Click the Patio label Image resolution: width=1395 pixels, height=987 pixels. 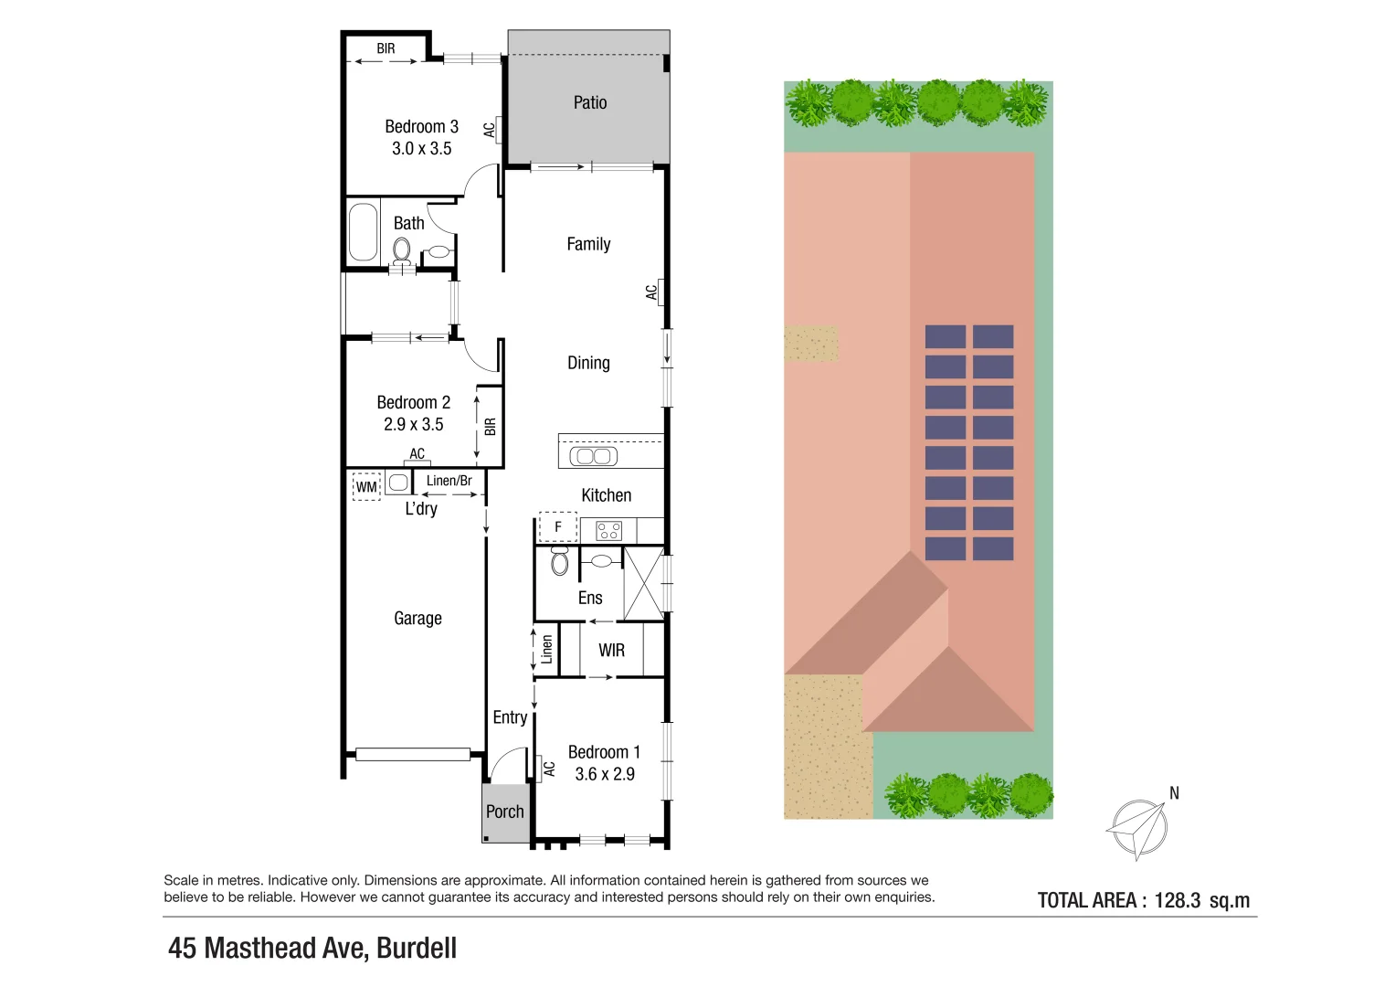click(x=590, y=102)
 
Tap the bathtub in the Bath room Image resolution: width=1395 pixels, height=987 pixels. click(x=364, y=232)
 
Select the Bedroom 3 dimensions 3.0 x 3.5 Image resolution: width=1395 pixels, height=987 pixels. click(x=421, y=148)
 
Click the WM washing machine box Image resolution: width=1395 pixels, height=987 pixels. click(x=366, y=486)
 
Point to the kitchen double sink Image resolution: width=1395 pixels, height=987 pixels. click(x=594, y=455)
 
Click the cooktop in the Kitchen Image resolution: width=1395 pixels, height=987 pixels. click(x=608, y=530)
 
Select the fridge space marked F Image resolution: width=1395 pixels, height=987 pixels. click(x=558, y=527)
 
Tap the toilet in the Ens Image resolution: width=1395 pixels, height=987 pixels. click(x=560, y=562)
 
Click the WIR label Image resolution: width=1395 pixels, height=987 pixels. click(x=612, y=650)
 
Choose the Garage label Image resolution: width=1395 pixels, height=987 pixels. click(x=417, y=618)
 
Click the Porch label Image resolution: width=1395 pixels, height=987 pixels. click(x=505, y=812)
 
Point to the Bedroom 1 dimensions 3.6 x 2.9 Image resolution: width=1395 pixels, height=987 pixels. click(x=605, y=774)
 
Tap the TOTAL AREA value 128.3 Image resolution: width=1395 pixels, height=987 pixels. click(x=1178, y=900)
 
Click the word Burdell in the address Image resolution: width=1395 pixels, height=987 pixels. click(x=417, y=948)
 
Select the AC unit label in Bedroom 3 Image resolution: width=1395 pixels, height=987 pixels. click(x=490, y=130)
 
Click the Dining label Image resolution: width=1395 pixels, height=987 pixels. click(x=588, y=363)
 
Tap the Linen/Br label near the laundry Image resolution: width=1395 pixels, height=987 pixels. click(x=449, y=481)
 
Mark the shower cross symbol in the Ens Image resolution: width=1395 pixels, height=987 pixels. click(x=644, y=584)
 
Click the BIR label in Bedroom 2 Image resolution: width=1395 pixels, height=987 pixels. click(x=491, y=426)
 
